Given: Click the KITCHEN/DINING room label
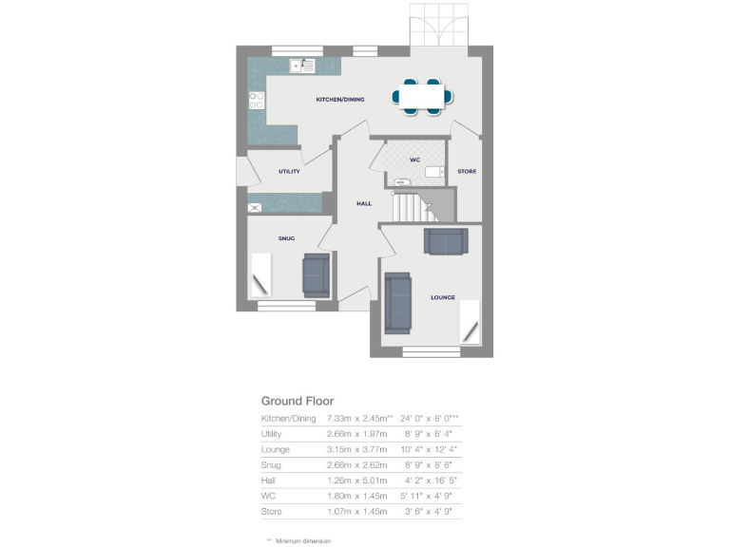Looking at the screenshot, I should coord(340,99).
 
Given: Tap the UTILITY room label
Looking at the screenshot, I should coord(289,172).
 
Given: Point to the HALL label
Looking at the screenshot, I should coord(363,203).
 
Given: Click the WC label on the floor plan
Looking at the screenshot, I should coord(414,160).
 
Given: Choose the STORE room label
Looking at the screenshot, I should coord(467,172).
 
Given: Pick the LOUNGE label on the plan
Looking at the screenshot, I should coord(443,297).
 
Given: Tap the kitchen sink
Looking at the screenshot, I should coord(303,66).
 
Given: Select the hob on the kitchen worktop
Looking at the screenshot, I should coord(256,99).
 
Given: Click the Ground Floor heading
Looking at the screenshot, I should coord(298,402).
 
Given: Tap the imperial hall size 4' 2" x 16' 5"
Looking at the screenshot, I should coord(427,481).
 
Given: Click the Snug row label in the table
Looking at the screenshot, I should coord(272,465).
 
